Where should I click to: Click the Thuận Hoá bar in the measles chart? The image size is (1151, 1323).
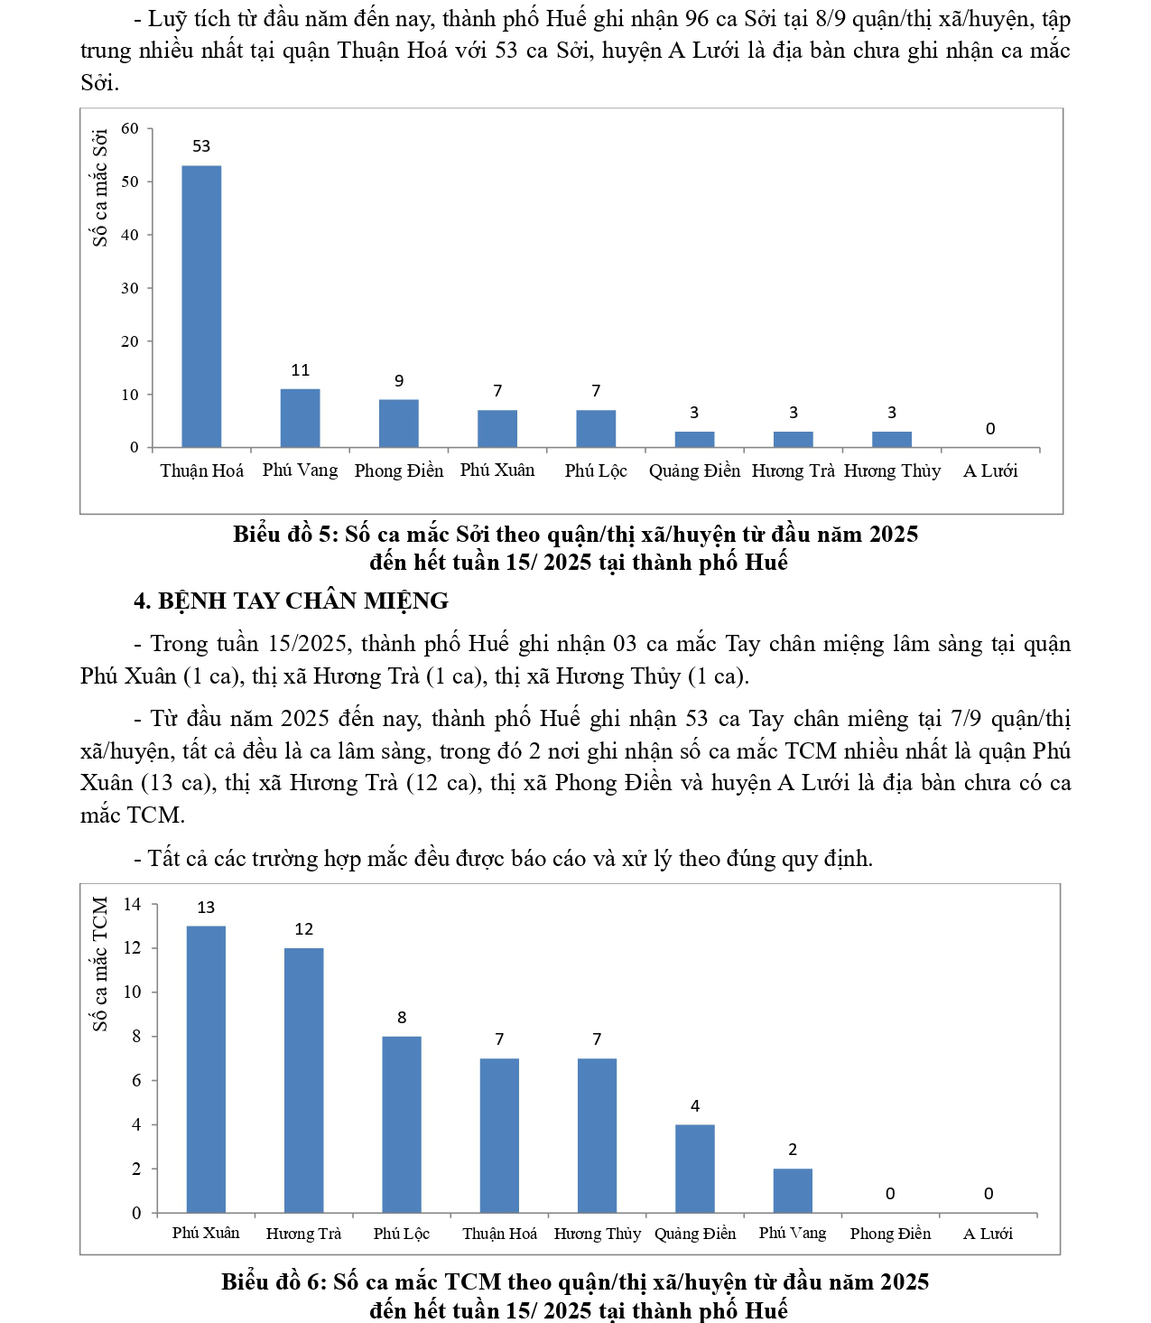pyautogui.click(x=201, y=307)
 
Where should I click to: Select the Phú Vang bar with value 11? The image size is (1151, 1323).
pyautogui.click(x=300, y=418)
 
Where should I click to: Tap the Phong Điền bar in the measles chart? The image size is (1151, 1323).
pyautogui.click(x=398, y=424)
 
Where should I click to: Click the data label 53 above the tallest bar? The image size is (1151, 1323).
pyautogui.click(x=201, y=146)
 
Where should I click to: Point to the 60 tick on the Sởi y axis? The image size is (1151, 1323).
pyautogui.click(x=130, y=128)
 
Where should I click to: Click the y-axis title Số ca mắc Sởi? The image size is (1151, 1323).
pyautogui.click(x=100, y=187)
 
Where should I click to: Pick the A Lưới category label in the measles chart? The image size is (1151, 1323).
pyautogui.click(x=989, y=471)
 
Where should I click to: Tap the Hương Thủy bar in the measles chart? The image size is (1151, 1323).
pyautogui.click(x=891, y=439)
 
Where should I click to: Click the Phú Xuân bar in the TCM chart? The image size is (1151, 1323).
pyautogui.click(x=206, y=1069)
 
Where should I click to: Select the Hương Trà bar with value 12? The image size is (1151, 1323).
pyautogui.click(x=303, y=1080)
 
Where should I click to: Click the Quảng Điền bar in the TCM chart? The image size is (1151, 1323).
pyautogui.click(x=694, y=1169)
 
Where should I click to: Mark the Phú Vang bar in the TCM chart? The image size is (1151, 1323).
pyautogui.click(x=793, y=1190)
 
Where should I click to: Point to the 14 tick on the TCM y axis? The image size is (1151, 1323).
pyautogui.click(x=132, y=904)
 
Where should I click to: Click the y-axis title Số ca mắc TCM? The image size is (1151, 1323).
pyautogui.click(x=100, y=964)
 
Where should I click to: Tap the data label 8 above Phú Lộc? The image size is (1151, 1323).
pyautogui.click(x=402, y=1018)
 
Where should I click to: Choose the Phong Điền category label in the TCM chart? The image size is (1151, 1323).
pyautogui.click(x=890, y=1234)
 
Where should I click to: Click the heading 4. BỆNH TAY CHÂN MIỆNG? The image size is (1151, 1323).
pyautogui.click(x=291, y=601)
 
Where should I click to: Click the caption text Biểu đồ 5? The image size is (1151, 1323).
pyautogui.click(x=283, y=534)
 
